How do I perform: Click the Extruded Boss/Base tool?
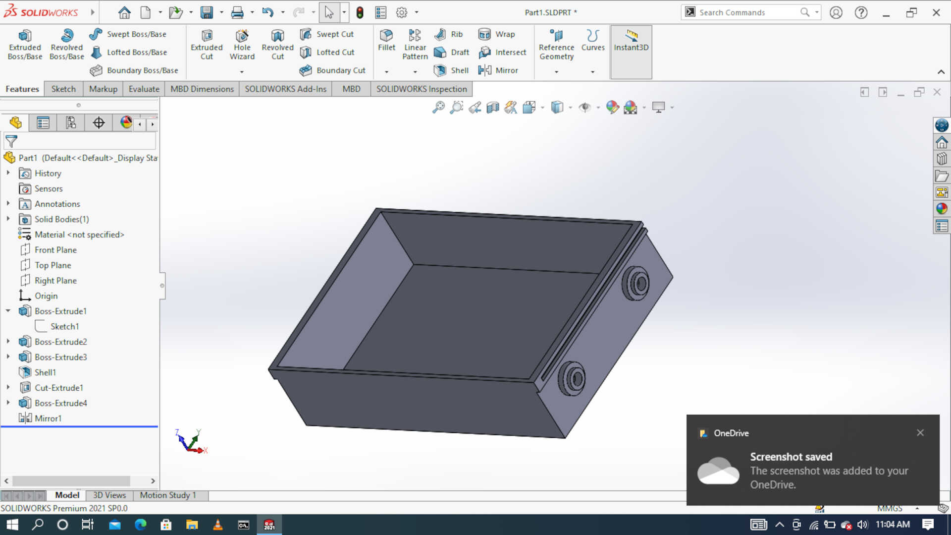tap(25, 45)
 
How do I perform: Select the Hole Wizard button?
tap(242, 45)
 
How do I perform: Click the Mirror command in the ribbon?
tap(498, 70)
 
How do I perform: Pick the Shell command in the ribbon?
tap(451, 70)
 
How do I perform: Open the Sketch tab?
tap(63, 89)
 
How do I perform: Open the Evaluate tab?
tap(144, 89)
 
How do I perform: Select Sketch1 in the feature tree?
tap(64, 326)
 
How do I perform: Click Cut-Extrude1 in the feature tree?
tap(58, 388)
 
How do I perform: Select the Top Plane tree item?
tap(53, 265)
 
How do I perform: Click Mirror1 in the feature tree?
tap(48, 418)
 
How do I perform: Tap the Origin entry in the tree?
tap(46, 296)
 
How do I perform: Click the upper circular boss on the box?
tap(636, 284)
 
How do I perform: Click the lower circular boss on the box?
tap(572, 379)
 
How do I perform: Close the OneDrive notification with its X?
tap(920, 433)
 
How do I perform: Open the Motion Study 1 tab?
tap(167, 495)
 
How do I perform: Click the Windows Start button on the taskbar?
tap(12, 525)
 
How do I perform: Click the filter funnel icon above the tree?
tap(11, 142)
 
